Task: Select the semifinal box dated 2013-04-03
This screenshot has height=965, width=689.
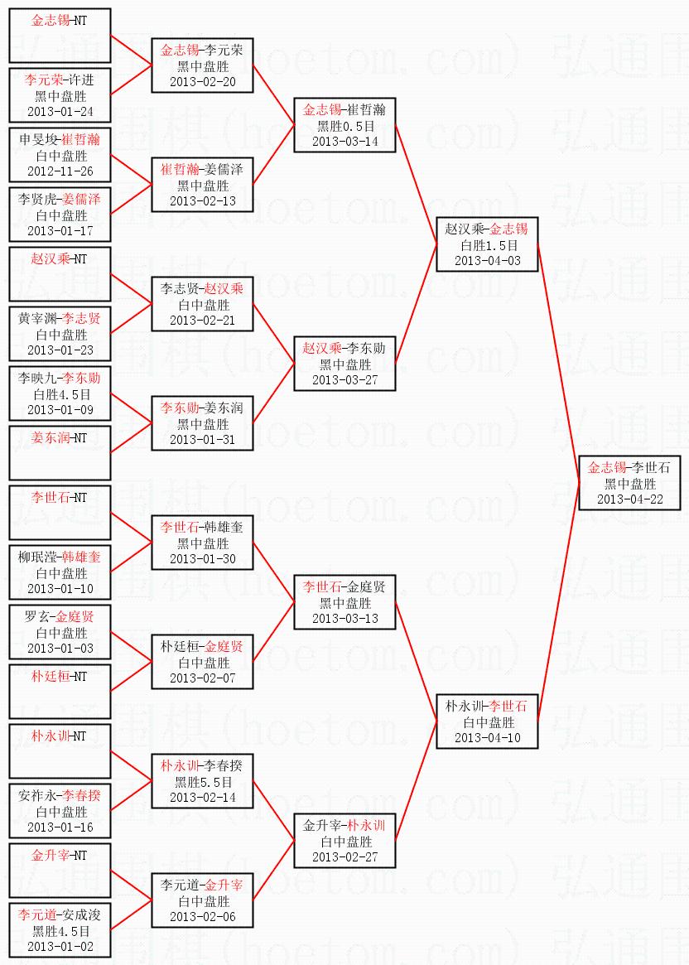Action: tap(488, 244)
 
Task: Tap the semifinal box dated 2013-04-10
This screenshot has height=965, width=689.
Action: tap(488, 721)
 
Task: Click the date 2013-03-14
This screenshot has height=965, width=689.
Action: tap(344, 141)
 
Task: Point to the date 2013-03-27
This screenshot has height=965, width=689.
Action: tap(344, 379)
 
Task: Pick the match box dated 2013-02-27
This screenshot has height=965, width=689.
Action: tap(344, 841)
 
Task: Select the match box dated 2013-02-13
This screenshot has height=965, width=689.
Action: tap(202, 185)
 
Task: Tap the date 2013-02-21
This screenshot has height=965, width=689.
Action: tap(202, 320)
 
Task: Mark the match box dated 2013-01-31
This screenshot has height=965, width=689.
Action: tap(202, 423)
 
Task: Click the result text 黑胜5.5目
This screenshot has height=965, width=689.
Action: tap(202, 781)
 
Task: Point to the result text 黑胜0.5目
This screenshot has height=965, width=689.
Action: tap(344, 126)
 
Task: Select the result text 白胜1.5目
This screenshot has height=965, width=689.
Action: tap(488, 245)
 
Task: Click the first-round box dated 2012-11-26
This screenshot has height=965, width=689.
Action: tap(60, 155)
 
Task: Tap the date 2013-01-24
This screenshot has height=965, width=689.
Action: tap(60, 111)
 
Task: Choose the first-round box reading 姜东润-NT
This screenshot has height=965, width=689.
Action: tap(60, 452)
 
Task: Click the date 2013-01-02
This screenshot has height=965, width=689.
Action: tap(60, 946)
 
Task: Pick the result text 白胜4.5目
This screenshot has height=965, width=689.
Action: tap(60, 393)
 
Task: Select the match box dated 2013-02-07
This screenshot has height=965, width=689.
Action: tap(202, 662)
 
